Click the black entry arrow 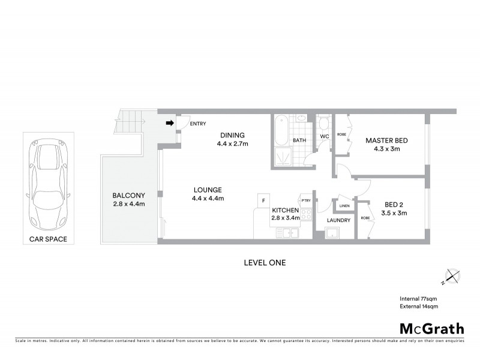coord(170,124)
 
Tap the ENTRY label coord(197,124)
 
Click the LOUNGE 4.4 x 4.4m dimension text coord(208,199)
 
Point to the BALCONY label coord(129,195)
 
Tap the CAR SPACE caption coord(48,239)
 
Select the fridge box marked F coord(262,200)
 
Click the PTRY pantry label coord(305,200)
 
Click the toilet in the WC coord(323,124)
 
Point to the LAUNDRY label coord(338,220)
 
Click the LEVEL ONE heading coord(265,262)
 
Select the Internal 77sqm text coord(419,298)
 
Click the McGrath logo coord(431,328)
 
